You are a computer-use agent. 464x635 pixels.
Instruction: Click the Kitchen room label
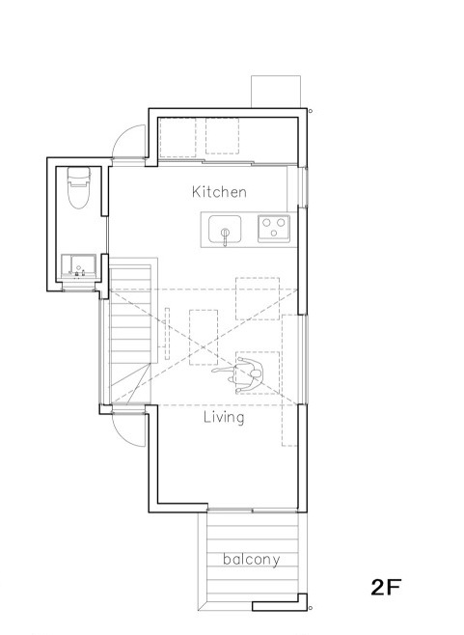click(x=219, y=191)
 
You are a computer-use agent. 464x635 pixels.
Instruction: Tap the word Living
click(x=224, y=418)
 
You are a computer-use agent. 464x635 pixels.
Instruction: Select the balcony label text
click(x=252, y=560)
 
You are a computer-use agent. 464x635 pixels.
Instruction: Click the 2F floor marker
click(x=386, y=587)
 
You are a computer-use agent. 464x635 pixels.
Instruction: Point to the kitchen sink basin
click(x=225, y=229)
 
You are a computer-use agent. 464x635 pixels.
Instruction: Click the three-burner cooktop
click(x=274, y=229)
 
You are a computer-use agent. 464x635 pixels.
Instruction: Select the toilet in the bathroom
click(x=78, y=187)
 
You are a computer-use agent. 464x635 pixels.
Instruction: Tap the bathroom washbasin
click(x=78, y=266)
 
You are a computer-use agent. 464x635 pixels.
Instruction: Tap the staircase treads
click(x=130, y=333)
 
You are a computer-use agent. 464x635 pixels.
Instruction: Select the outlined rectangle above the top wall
click(x=276, y=92)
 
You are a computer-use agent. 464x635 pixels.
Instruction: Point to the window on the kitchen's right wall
click(x=303, y=187)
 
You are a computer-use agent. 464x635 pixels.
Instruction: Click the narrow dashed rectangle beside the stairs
click(x=167, y=333)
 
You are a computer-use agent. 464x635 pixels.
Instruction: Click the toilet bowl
click(x=78, y=197)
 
